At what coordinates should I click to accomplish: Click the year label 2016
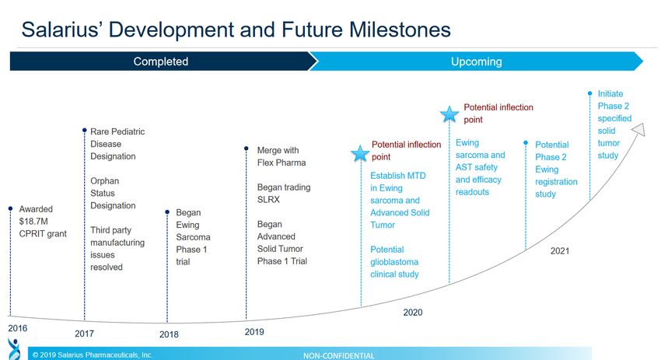coord(18,328)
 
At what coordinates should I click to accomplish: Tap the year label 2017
coord(84,334)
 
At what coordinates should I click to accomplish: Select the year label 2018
coord(169,334)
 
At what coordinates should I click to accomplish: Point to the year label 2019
coord(254,332)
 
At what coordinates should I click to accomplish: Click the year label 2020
coord(413,313)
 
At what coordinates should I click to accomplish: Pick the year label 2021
coord(560,251)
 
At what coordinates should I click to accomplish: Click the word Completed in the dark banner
coord(161,61)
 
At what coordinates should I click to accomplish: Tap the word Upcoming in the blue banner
coord(477,61)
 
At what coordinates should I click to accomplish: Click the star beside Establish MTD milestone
coord(360,153)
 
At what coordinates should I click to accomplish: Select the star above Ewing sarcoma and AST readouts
coord(449,114)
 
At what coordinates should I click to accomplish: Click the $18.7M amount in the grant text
coord(33,222)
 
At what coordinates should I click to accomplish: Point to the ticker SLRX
coord(268,199)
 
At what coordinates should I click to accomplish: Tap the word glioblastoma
coord(394,262)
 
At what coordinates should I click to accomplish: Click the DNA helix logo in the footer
coord(14,349)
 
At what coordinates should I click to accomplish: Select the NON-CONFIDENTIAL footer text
coord(338,356)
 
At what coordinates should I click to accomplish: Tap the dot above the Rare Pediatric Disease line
coord(84,131)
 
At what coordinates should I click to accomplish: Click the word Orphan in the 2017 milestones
coord(104,181)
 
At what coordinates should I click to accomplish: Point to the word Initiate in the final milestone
coord(610,93)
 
